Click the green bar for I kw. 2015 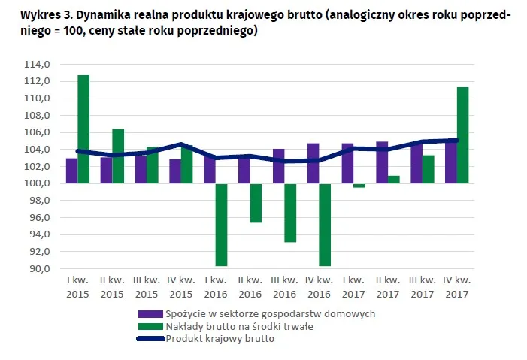(83, 129)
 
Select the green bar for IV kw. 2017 (462, 135)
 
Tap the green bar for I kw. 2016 (221, 224)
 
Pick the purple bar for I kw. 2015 (71, 171)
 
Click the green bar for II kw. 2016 (256, 203)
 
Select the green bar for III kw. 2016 (290, 213)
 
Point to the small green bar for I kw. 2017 (359, 186)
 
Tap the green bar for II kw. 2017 (394, 179)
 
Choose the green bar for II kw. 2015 (118, 156)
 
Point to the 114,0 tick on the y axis (38, 65)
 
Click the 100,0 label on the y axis (38, 183)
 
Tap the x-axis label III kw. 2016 (284, 286)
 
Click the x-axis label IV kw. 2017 (456, 286)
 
